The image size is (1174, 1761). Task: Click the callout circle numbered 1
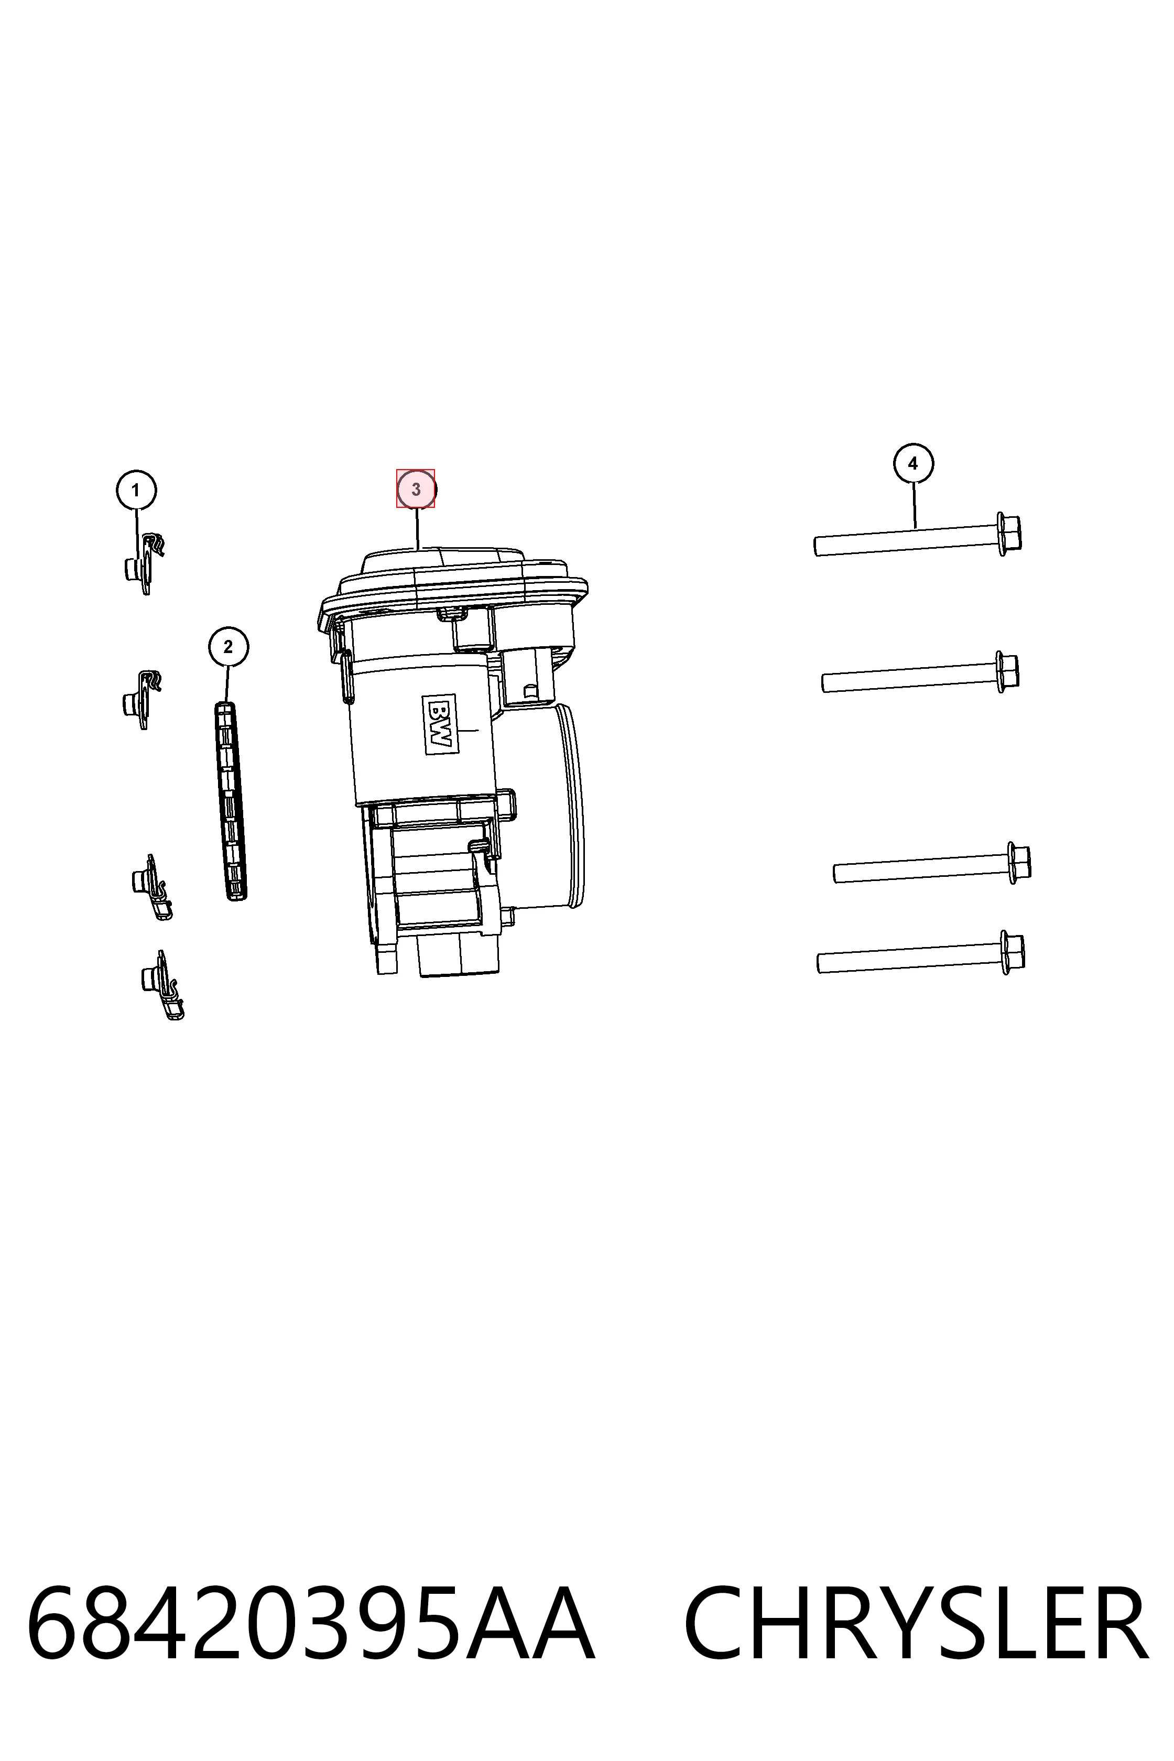click(x=136, y=491)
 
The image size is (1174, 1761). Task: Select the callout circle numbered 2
click(x=229, y=647)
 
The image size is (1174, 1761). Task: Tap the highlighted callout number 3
click(x=416, y=489)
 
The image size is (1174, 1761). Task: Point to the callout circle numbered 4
click(x=912, y=463)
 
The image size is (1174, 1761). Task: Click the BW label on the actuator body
click(x=440, y=724)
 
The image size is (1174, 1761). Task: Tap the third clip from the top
click(x=152, y=887)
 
